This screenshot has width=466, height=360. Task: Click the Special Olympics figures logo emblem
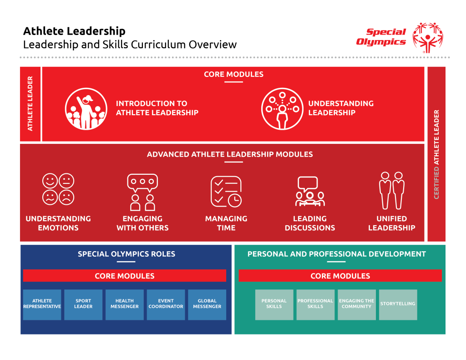427,37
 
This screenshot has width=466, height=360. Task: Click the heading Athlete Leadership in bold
74,31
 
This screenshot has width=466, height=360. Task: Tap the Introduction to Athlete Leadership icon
86,109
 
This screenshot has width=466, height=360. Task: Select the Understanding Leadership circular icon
282,109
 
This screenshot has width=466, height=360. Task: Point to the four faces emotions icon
58,189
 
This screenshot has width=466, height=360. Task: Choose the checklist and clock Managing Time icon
226,191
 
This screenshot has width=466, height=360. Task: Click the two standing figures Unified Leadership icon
392,190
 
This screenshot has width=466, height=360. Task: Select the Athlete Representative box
42,304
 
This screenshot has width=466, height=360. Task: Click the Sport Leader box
83,304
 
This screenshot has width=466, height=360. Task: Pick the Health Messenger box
125,304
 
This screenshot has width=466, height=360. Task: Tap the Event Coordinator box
166,304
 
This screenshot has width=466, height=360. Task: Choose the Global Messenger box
207,304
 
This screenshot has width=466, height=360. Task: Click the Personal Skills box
274,304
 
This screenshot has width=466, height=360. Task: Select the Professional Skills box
315,304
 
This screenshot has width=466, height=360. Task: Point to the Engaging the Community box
357,304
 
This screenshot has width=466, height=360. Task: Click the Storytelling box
398,304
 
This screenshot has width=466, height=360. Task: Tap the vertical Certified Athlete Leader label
436,154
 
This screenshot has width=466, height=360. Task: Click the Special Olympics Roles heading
126,254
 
